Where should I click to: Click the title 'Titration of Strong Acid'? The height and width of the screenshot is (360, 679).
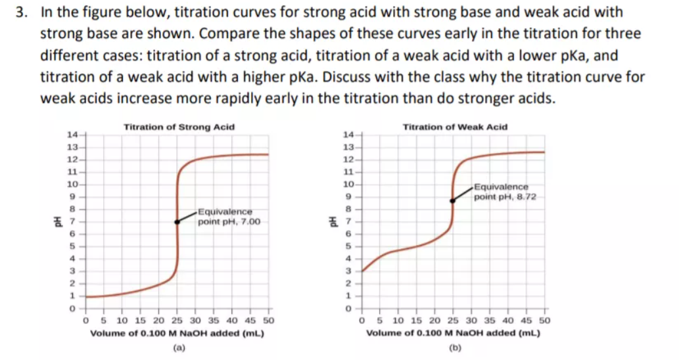(179, 127)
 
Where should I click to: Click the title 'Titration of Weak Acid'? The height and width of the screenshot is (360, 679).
(455, 127)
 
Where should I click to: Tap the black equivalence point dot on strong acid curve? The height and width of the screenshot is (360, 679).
(177, 222)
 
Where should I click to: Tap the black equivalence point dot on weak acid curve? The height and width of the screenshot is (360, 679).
(452, 201)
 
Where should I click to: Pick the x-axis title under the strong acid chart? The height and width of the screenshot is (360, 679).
(177, 333)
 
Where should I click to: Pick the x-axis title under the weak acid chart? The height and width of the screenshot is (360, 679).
(453, 333)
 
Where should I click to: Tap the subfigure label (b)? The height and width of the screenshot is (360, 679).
(454, 348)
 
